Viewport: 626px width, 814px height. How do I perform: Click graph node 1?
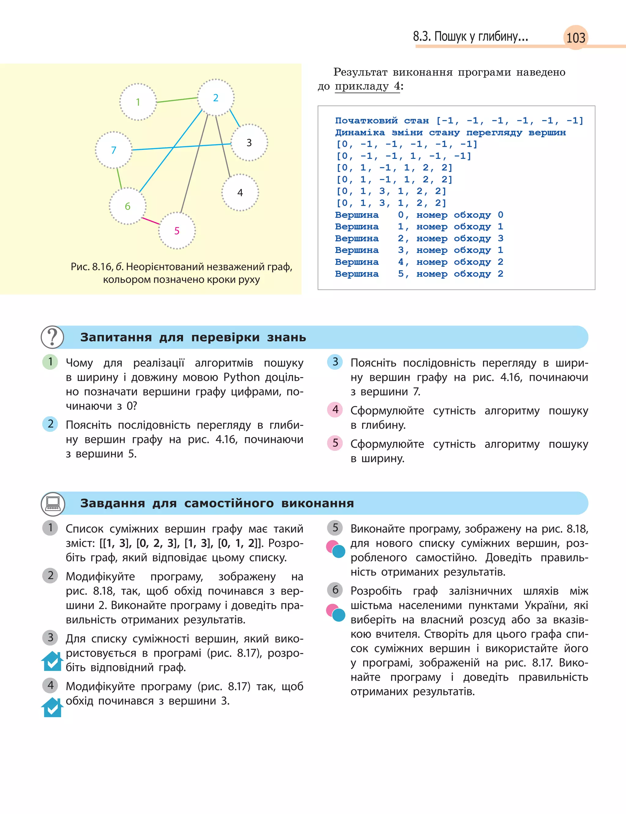138,102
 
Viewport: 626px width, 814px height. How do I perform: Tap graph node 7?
114,150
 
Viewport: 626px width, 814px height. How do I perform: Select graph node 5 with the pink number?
177,230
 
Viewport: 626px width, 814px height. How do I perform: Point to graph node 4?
240,192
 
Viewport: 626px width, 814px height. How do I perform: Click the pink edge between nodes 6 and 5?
151,221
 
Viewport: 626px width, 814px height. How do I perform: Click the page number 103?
576,38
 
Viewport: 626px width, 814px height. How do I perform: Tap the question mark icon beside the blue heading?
53,337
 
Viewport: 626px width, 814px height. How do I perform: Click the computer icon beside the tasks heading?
53,503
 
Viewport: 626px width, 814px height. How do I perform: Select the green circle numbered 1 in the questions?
50,361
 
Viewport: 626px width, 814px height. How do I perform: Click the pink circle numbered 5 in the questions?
335,443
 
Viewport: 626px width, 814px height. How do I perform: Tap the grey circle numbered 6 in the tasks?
335,590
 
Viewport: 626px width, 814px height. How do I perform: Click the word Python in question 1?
241,378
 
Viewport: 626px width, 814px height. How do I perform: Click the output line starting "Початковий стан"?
459,121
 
